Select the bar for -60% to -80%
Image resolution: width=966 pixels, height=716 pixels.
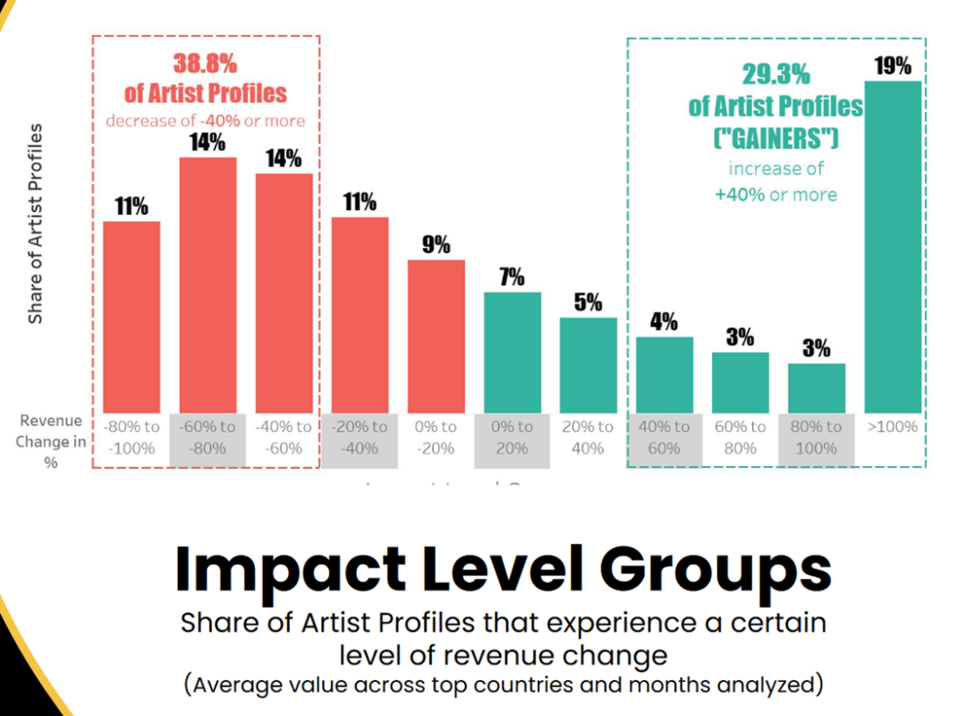point(208,285)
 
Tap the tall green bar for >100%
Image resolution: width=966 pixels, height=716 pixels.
point(893,246)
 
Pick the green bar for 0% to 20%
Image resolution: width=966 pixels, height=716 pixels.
point(512,352)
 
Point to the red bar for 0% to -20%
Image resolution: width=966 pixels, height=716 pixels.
point(436,336)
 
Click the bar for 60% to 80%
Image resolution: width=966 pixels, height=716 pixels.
point(741,382)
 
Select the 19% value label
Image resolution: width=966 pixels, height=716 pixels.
point(893,65)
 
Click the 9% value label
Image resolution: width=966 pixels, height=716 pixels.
point(436,244)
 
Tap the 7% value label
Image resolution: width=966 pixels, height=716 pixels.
point(512,277)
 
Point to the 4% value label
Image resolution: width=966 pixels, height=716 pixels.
point(664,321)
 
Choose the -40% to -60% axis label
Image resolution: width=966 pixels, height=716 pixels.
point(284,437)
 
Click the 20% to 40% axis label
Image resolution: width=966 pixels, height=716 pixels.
point(588,437)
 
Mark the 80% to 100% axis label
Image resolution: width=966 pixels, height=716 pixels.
point(816,437)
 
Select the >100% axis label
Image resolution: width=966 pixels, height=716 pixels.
point(893,427)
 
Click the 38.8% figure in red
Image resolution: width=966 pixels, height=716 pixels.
point(206,64)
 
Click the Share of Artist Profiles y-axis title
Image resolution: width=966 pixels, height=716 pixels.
point(36,224)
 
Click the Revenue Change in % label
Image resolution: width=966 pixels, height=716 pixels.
point(50,441)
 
